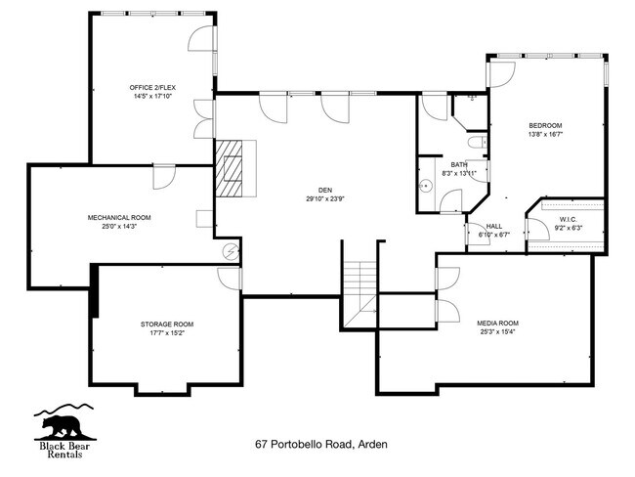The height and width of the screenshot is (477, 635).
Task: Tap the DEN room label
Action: (x=324, y=190)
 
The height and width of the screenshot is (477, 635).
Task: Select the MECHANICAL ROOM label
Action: (x=119, y=217)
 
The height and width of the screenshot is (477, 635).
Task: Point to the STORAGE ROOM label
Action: (x=165, y=324)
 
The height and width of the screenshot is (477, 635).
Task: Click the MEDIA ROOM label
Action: (x=497, y=323)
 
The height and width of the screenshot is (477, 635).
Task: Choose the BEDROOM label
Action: (x=545, y=125)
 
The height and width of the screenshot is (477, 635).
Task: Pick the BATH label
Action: (x=459, y=164)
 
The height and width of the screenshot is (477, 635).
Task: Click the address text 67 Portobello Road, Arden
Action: (x=321, y=444)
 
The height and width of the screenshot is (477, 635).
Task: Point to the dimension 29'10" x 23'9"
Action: (x=324, y=198)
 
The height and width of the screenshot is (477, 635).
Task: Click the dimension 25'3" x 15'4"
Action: (x=497, y=332)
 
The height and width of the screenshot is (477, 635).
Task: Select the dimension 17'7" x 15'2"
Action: (x=165, y=333)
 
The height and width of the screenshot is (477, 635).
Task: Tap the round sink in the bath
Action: (x=425, y=184)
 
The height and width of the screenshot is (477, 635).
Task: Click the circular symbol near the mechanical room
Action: (x=231, y=252)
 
